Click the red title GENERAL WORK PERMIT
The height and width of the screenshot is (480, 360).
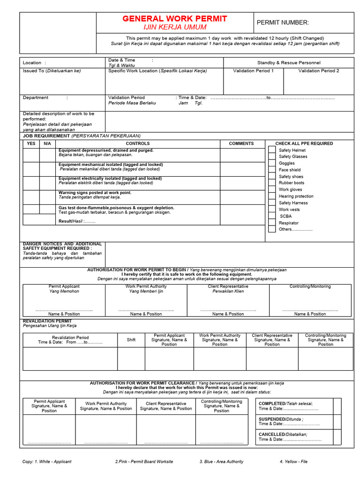click(174, 19)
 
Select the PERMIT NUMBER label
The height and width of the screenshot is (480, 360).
click(283, 23)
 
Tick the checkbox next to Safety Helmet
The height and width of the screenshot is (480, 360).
click(272, 150)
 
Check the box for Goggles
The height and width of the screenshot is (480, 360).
click(272, 163)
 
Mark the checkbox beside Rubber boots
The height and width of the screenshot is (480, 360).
click(272, 183)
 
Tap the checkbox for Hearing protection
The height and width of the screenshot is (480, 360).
click(272, 196)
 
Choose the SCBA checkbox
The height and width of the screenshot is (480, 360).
click(272, 216)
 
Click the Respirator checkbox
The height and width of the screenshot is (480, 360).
click(272, 223)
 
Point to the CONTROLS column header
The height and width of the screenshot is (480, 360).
click(138, 143)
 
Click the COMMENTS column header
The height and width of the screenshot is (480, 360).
click(241, 143)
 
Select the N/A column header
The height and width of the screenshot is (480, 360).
click(47, 143)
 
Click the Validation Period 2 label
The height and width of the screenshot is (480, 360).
click(319, 71)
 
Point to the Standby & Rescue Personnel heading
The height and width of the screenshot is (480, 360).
click(289, 62)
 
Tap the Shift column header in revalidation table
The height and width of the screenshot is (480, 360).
click(131, 340)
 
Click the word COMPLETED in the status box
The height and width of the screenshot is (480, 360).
click(272, 404)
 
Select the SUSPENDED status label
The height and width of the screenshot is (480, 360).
click(272, 419)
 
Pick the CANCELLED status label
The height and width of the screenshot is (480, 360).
click(271, 435)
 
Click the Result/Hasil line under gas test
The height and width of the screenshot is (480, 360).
click(76, 221)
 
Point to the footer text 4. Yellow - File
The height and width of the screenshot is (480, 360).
click(293, 462)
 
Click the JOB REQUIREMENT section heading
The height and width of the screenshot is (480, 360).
click(46, 135)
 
